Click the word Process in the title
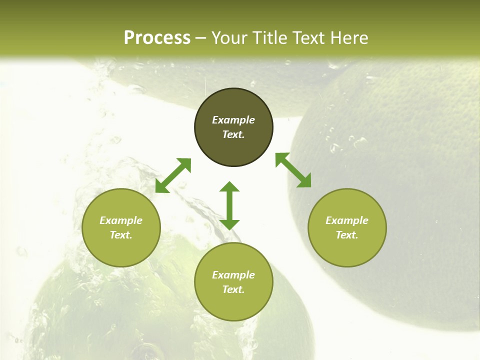pyautogui.click(x=157, y=38)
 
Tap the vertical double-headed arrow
pyautogui.click(x=229, y=205)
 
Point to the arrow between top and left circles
pyautogui.click(x=173, y=175)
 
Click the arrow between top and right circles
pyautogui.click(x=293, y=170)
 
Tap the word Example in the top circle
pyautogui.click(x=233, y=120)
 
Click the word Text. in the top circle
pyautogui.click(x=233, y=134)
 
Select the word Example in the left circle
pyautogui.click(x=121, y=220)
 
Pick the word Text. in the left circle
pyautogui.click(x=121, y=235)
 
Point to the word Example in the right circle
pyautogui.click(x=347, y=220)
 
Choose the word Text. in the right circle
pyautogui.click(x=347, y=235)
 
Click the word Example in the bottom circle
pyautogui.click(x=233, y=275)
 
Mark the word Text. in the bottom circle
pyautogui.click(x=233, y=289)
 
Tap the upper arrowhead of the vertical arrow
pyautogui.click(x=229, y=187)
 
